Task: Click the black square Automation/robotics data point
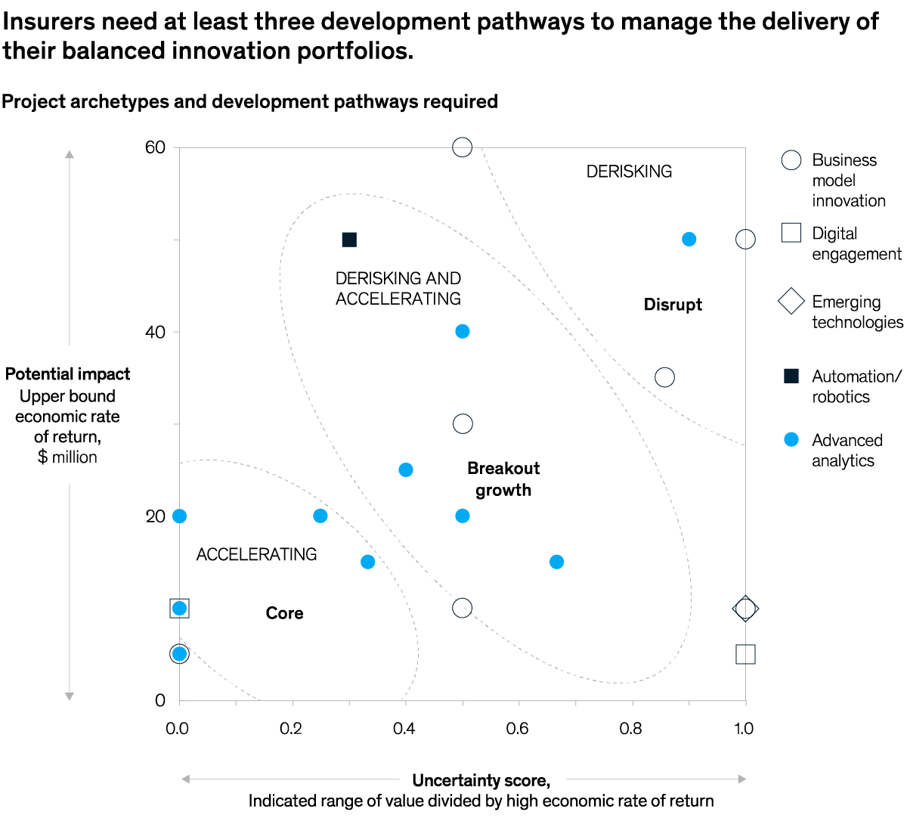coord(349,240)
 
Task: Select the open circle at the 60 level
coord(463,147)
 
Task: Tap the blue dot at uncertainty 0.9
coord(689,240)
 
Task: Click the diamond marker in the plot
coord(746,609)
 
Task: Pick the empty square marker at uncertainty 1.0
coord(746,655)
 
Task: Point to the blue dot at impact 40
coord(463,332)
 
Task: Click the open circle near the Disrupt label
coord(665,377)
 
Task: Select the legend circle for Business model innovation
coord(791,160)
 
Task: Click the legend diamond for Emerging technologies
coord(791,301)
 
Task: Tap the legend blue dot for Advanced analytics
coord(791,440)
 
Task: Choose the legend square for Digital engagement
coord(791,233)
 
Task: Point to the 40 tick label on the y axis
coord(155,333)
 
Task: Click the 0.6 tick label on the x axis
coord(518,729)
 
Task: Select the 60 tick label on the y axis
coord(155,147)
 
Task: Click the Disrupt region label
coord(673,305)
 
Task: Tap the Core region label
coord(284,613)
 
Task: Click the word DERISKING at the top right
coord(629,172)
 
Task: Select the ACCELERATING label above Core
coord(256,555)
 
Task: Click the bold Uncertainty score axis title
coord(481,780)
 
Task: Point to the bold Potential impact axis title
coord(67,374)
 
